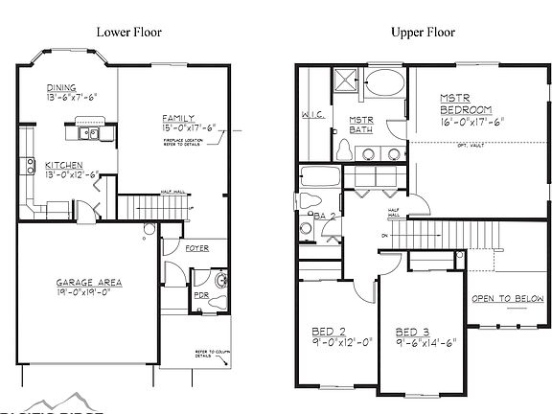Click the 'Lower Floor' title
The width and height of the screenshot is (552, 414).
tap(129, 33)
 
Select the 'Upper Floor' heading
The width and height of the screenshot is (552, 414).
tap(422, 33)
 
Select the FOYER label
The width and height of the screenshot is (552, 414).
tap(197, 247)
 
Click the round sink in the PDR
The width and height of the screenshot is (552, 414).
tap(221, 281)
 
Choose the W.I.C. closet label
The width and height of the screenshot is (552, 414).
tap(311, 116)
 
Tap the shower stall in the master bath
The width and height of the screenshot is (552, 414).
tap(347, 79)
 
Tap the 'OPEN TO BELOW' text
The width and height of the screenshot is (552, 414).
tap(507, 298)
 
